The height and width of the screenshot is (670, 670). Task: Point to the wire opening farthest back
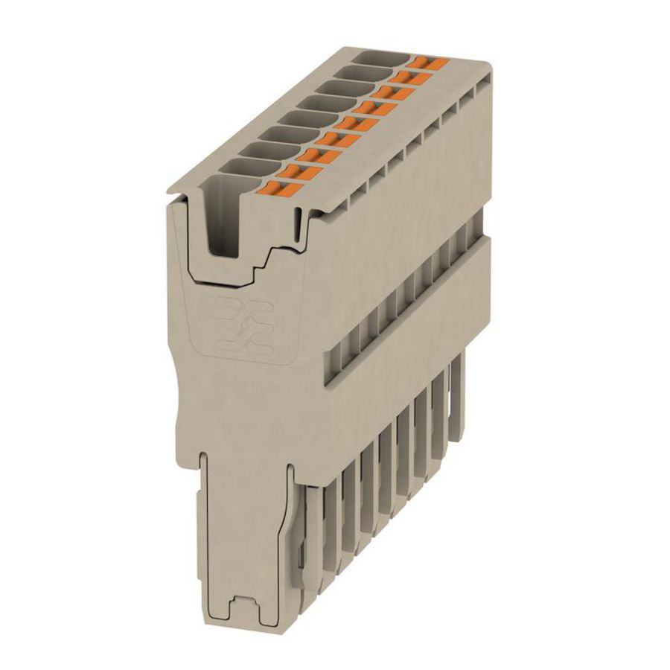(381, 57)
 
